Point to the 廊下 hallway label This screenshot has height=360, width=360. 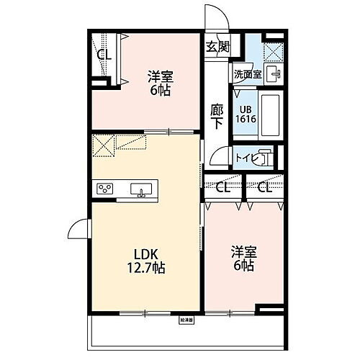coord(217,117)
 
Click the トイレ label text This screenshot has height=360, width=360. coord(246,156)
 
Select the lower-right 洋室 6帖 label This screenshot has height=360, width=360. coord(243,258)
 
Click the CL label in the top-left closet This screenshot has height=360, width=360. coord(104,55)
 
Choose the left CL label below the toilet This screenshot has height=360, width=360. coord(223,189)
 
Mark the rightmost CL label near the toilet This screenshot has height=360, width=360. coord(264,189)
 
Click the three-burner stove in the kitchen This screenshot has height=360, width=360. coord(105,189)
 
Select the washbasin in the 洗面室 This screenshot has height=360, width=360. coord(274,73)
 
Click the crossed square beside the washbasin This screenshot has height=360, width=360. coord(274,50)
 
